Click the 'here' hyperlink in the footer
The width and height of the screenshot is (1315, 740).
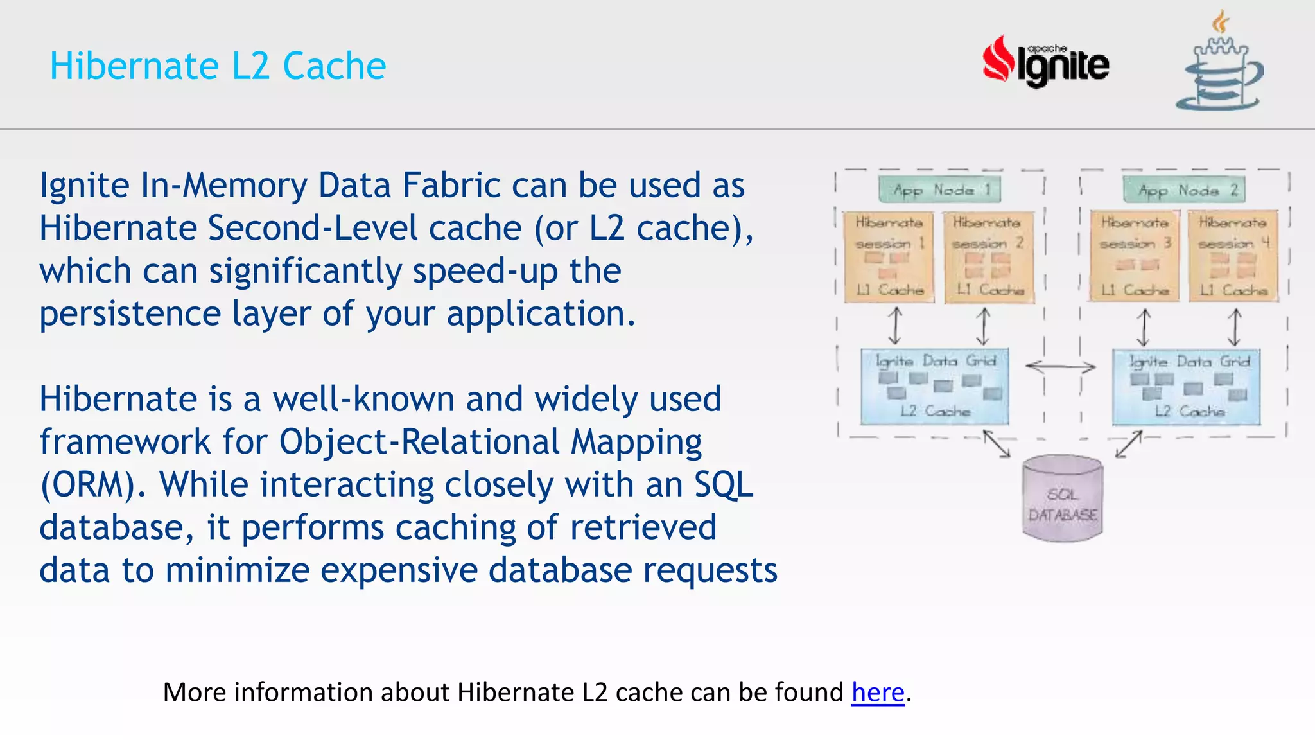877,692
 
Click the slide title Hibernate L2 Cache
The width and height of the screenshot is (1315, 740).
218,66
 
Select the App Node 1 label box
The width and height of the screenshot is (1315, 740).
939,189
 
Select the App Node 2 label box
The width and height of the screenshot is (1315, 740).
1184,189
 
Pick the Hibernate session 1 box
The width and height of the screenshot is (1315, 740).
888,256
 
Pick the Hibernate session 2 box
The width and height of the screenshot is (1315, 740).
988,256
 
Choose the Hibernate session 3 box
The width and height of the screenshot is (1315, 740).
1135,256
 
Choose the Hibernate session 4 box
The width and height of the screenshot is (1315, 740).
1233,256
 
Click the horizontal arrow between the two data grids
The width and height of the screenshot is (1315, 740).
1060,367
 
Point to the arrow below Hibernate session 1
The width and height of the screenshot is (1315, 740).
894,326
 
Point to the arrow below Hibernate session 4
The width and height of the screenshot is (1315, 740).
1234,326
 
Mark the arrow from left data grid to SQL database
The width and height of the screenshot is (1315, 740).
997,444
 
